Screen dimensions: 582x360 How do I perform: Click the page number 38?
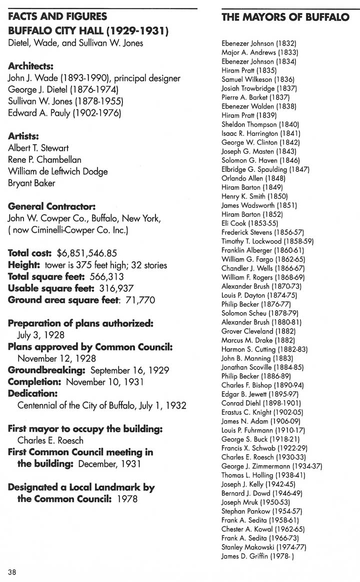point(12,572)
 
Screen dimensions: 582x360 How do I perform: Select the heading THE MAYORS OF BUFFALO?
point(285,17)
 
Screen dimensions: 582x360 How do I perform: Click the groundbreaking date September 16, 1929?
point(129,370)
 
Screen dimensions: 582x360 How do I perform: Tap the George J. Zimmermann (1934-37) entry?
point(271,466)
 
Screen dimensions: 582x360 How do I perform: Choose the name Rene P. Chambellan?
point(44,160)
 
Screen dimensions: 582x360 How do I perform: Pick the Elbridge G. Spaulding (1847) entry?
point(265,169)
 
